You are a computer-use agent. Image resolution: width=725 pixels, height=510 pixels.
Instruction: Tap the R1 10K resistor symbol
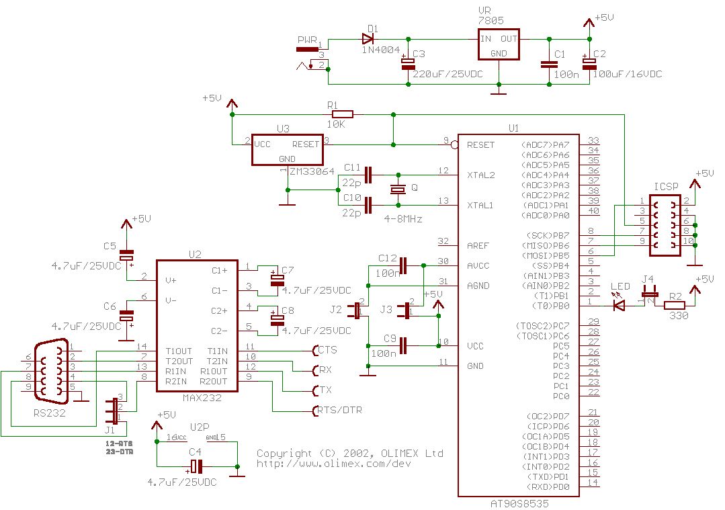point(343,115)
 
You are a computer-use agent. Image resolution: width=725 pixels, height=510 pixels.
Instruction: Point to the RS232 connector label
point(50,413)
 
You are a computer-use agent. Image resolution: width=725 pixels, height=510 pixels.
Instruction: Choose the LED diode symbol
point(619,305)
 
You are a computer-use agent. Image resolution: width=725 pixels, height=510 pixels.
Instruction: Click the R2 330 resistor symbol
point(674,306)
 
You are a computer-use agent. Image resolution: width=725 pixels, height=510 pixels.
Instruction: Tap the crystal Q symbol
point(398,190)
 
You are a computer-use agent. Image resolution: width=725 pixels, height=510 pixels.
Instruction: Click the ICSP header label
point(665,185)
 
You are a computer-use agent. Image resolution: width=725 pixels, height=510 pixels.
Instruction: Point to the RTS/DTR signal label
point(340,410)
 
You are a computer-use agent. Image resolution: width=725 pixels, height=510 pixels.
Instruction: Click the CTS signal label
point(327,350)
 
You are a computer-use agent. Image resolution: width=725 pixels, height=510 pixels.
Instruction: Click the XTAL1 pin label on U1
point(481,206)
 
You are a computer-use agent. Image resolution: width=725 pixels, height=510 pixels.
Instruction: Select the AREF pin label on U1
point(478,246)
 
